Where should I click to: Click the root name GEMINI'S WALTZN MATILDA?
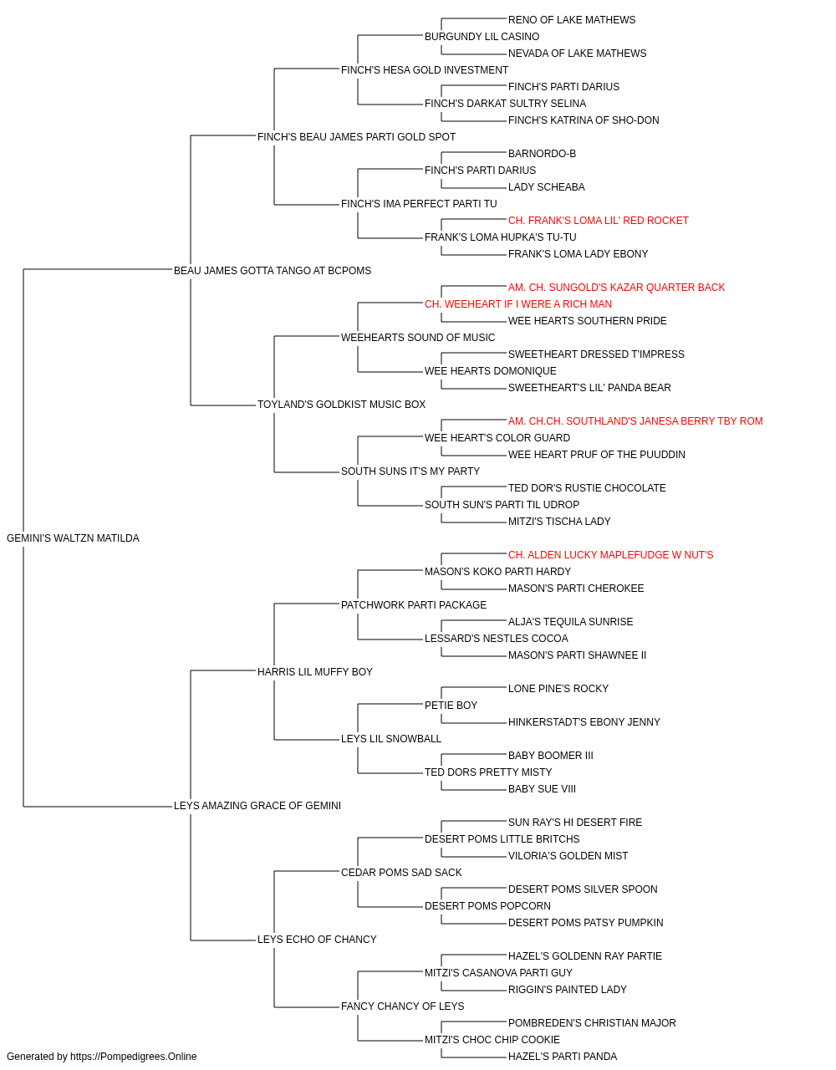73,538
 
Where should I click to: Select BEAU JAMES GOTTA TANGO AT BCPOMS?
273,271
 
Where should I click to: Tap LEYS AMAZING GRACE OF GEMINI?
257,806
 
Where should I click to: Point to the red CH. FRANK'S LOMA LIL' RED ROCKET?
599,221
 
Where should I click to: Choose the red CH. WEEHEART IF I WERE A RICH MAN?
518,304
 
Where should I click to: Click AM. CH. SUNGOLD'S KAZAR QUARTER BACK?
616,288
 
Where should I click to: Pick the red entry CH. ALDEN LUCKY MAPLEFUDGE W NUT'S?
610,555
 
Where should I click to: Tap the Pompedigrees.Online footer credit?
101,1057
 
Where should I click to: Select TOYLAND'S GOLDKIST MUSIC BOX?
341,405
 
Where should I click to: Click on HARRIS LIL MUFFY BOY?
314,672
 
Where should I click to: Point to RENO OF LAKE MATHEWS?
572,20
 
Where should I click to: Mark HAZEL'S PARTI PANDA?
563,1057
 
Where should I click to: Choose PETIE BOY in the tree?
451,706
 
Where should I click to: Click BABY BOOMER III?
550,756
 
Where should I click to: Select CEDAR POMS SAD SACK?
401,873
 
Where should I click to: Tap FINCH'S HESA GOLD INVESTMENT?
425,70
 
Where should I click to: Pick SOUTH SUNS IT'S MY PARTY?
410,471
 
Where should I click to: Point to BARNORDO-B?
542,154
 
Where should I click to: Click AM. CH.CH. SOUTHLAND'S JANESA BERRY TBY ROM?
635,421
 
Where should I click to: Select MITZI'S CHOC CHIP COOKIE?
492,1039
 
